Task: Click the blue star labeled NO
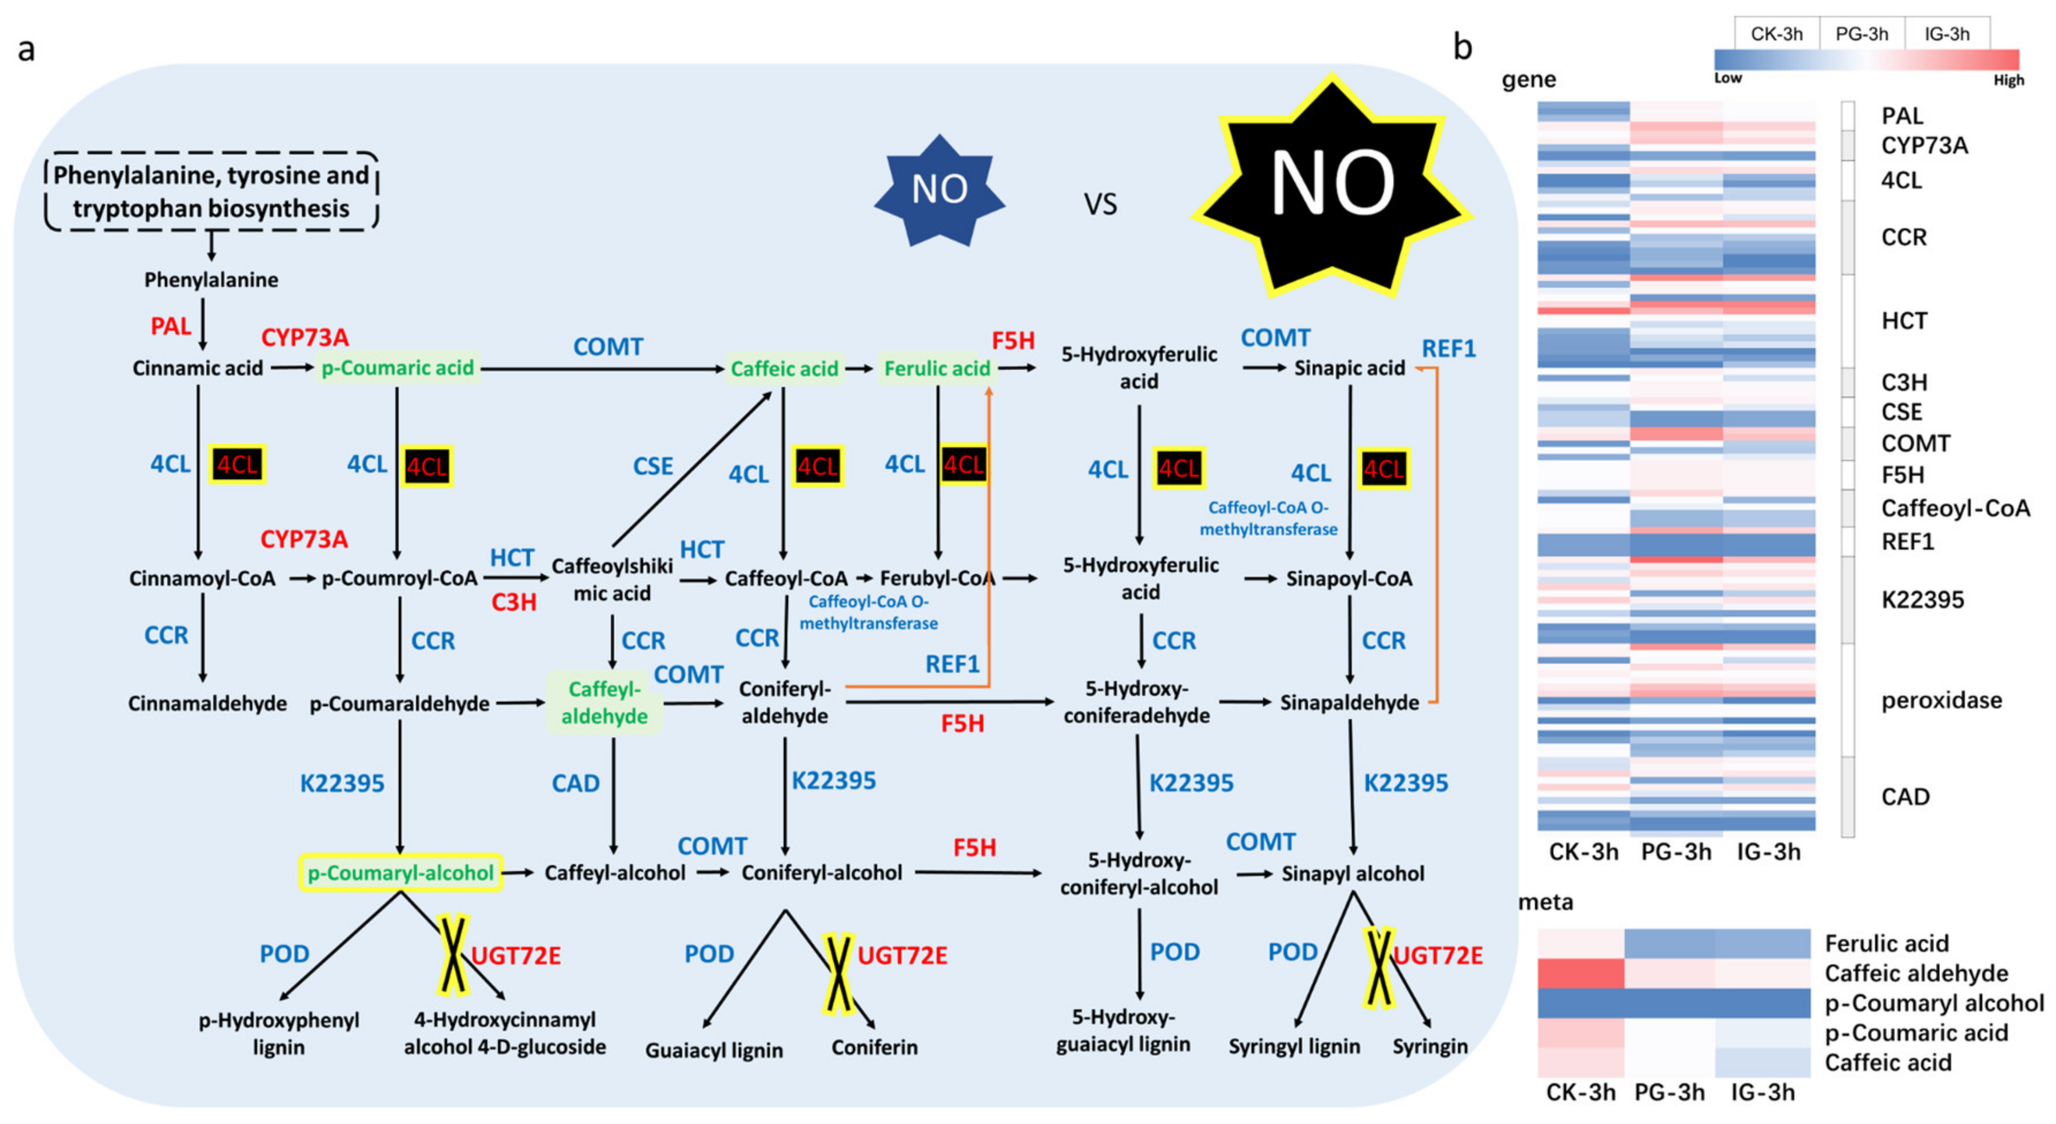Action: (939, 190)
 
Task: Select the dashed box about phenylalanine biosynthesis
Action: (211, 191)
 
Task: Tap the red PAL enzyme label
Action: (171, 326)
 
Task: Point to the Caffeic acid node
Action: (784, 369)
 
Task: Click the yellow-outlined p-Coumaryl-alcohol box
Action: (400, 873)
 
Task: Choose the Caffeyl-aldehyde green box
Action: (604, 703)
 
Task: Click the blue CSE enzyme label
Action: (653, 466)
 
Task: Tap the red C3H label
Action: (513, 602)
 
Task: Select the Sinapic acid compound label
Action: (1349, 368)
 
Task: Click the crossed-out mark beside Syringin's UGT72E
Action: (1379, 966)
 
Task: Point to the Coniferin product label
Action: (874, 1047)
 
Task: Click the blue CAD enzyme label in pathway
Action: (576, 784)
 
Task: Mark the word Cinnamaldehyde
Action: (207, 703)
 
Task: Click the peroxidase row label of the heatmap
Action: (1941, 701)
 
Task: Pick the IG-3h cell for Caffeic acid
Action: (1762, 1062)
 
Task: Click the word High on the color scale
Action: (2008, 81)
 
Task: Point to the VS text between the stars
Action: (1100, 205)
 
